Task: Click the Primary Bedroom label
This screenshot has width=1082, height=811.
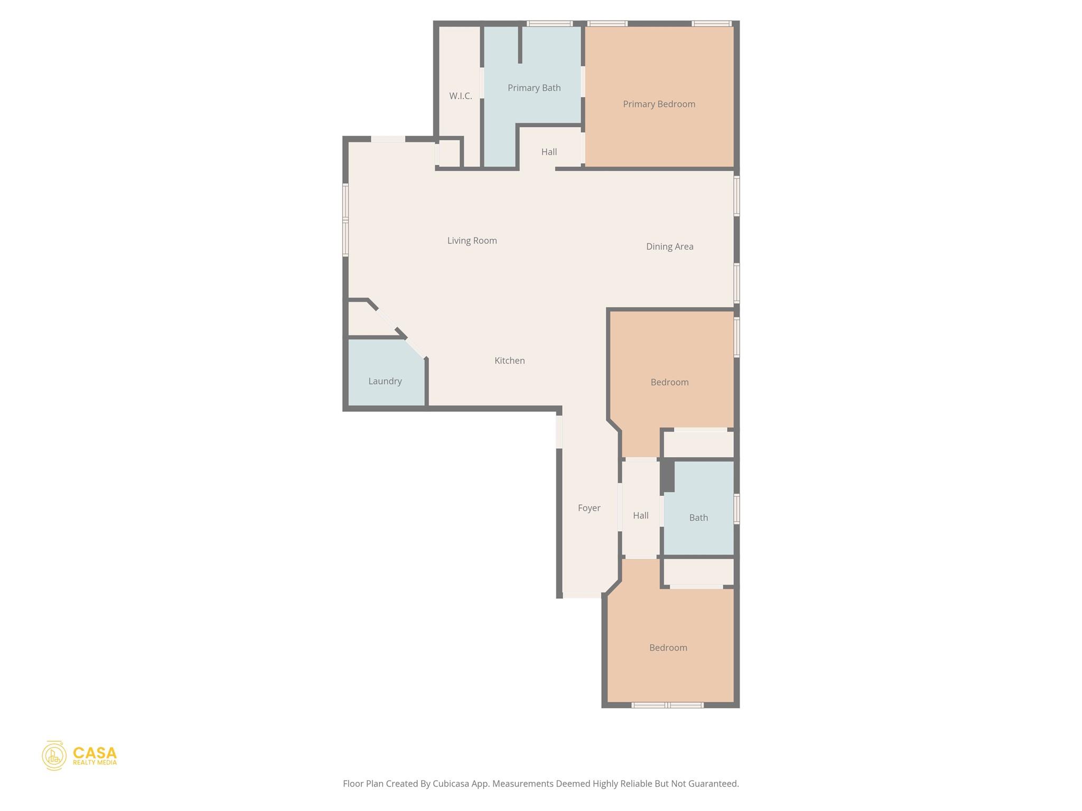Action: [659, 104]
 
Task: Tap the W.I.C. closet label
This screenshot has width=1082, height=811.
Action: [460, 96]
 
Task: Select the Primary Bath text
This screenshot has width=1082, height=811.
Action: [534, 88]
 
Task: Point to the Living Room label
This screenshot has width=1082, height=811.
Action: [472, 241]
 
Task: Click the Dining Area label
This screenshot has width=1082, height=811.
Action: [669, 247]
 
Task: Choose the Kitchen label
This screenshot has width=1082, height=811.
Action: [509, 361]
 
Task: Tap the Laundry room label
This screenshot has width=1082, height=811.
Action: [385, 381]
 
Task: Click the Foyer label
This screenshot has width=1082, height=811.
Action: [589, 508]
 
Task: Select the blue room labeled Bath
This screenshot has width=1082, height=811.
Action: [698, 517]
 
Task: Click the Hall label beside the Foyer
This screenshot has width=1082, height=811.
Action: [640, 515]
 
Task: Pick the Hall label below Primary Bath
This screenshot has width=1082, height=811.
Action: [549, 152]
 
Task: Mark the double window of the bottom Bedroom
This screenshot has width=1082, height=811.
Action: [667, 705]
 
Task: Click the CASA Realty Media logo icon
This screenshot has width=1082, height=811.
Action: [54, 755]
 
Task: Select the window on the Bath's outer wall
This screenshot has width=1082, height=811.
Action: [736, 508]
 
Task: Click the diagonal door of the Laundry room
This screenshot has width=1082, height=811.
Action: [415, 348]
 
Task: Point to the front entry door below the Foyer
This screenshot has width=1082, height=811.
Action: [582, 595]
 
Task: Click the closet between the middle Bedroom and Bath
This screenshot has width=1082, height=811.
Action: [698, 444]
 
